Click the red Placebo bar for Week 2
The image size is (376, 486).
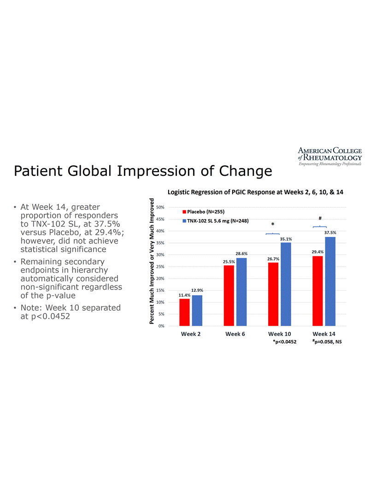point(184,312)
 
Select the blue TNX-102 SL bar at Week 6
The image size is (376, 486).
point(241,292)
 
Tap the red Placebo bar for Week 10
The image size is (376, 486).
point(273,294)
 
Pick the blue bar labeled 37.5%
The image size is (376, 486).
point(330,281)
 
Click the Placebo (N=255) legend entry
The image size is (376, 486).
point(203,212)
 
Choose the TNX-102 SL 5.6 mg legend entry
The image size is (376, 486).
point(215,221)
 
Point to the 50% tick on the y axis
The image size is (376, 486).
point(161,207)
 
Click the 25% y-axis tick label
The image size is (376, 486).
point(161,266)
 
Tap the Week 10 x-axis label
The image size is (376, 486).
point(280,334)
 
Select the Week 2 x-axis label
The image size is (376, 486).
point(191,334)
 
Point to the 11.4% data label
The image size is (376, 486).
point(184,295)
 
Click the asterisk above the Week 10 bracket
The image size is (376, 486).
point(273,225)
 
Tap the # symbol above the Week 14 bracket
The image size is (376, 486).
point(319,218)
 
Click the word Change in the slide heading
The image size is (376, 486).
point(246,171)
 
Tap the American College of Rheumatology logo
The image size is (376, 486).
point(329,156)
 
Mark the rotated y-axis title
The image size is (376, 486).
point(152,260)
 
